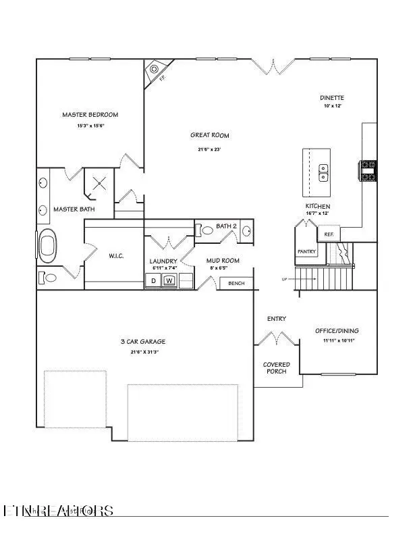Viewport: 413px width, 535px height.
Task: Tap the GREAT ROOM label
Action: click(210, 135)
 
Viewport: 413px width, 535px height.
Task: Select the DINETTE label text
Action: click(332, 98)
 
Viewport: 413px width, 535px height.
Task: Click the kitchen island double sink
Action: click(323, 172)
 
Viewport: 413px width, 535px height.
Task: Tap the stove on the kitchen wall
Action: click(368, 170)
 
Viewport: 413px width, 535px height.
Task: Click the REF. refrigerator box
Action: click(329, 234)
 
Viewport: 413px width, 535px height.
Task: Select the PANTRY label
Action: click(307, 251)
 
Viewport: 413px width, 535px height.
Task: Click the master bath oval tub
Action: click(49, 247)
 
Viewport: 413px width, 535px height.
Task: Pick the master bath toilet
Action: click(49, 277)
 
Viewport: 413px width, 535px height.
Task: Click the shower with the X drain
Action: click(100, 183)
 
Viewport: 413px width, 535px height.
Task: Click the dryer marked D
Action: click(153, 280)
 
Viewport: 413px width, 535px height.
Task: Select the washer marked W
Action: click(169, 280)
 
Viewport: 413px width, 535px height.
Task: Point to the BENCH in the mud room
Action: click(237, 283)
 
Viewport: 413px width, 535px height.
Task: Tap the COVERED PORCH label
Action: click(277, 368)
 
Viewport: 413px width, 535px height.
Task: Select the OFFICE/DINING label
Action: click(337, 331)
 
